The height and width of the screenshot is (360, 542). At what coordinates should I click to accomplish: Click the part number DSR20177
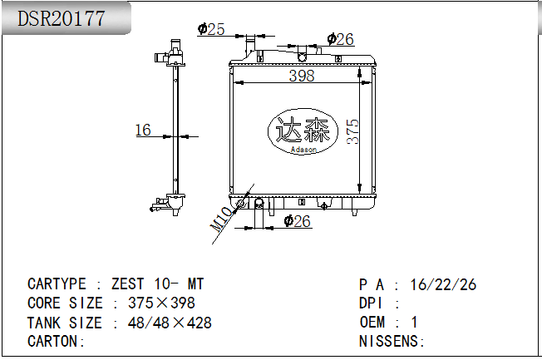click(62, 18)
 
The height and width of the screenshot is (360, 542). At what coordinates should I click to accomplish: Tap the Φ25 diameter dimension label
click(211, 29)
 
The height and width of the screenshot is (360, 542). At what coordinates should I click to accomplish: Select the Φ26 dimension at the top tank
click(341, 39)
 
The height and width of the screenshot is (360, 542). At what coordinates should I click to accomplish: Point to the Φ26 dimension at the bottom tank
click(298, 221)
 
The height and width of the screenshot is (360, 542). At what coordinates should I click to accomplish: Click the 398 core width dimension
click(302, 76)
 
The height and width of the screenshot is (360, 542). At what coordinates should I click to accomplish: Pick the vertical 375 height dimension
click(353, 131)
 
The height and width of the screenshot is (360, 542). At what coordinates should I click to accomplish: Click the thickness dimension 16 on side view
click(143, 130)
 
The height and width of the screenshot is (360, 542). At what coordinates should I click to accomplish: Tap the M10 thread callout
click(221, 219)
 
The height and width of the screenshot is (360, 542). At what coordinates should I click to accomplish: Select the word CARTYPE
click(57, 284)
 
